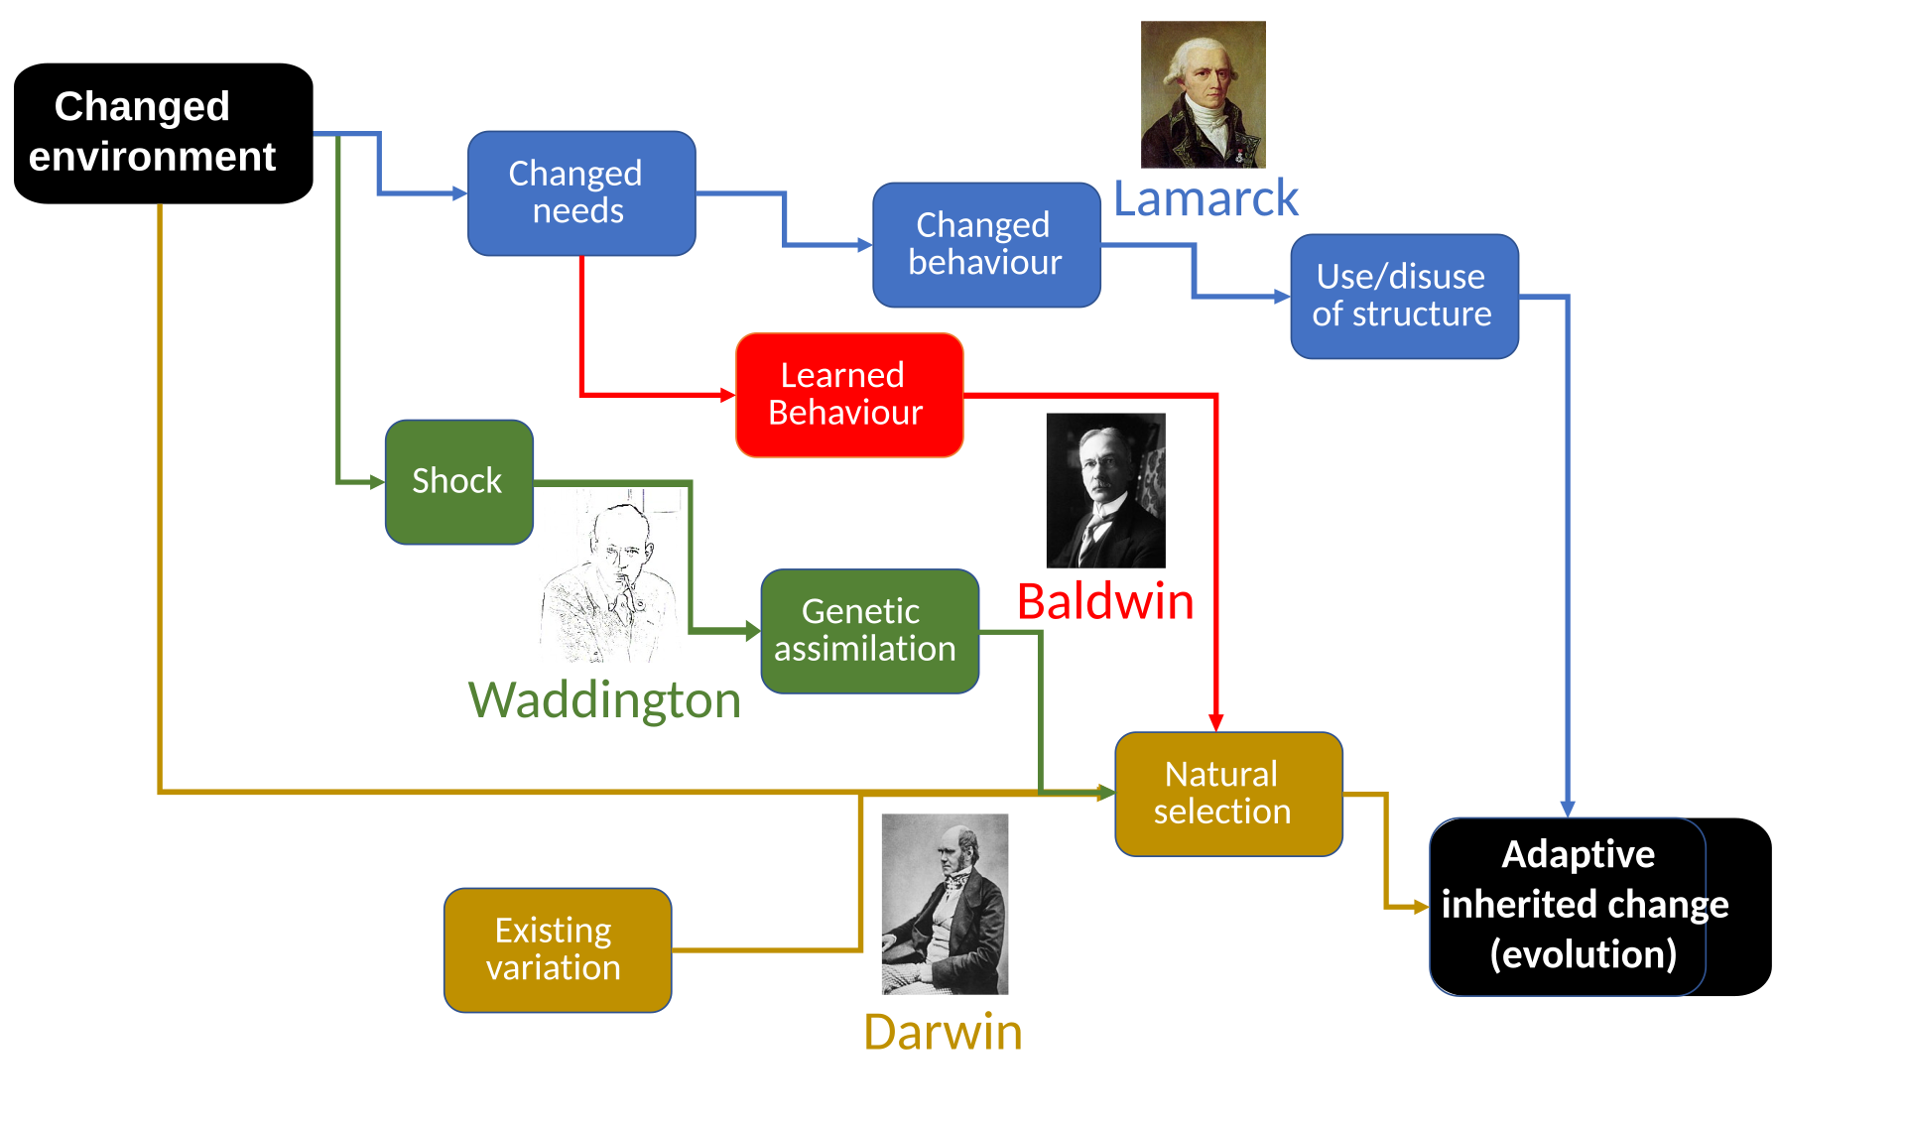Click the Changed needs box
tap(581, 193)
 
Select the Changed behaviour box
tap(986, 245)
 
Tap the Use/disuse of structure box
tap(1403, 296)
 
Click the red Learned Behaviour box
tap(849, 395)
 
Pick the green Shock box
tap(458, 481)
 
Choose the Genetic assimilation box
tap(869, 630)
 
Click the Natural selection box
tap(1228, 794)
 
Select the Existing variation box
tap(557, 949)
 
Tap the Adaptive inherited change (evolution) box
tap(1568, 906)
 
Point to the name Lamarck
tap(1206, 198)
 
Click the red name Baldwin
tap(1105, 601)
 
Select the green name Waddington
tap(603, 700)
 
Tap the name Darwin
tap(943, 1032)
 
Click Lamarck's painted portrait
tap(1203, 94)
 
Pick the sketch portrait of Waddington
tap(608, 575)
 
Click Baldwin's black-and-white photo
tap(1105, 490)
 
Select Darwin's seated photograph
tap(945, 904)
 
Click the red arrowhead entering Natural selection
tap(1215, 722)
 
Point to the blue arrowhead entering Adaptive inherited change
tap(1568, 808)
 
